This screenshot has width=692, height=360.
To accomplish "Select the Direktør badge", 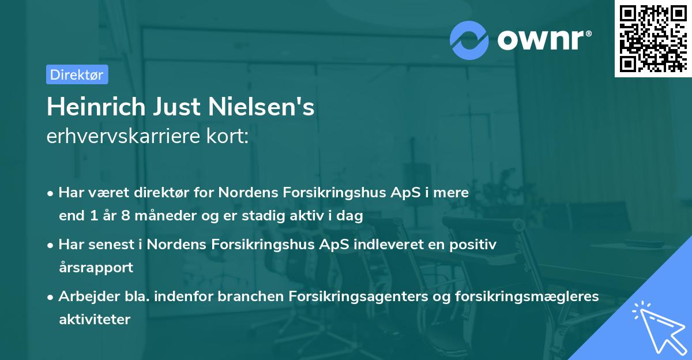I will (77, 74).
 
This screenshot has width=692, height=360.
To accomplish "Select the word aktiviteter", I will (95, 319).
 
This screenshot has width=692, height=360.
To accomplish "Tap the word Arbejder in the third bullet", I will (84, 297).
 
